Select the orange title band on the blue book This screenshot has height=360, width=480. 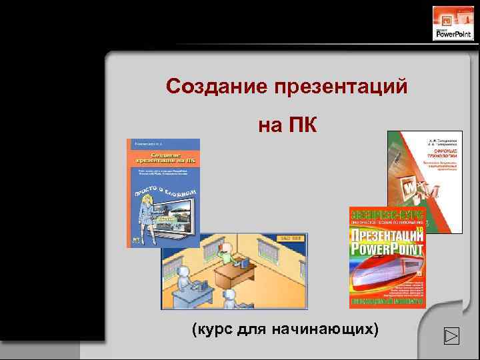coord(163,158)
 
